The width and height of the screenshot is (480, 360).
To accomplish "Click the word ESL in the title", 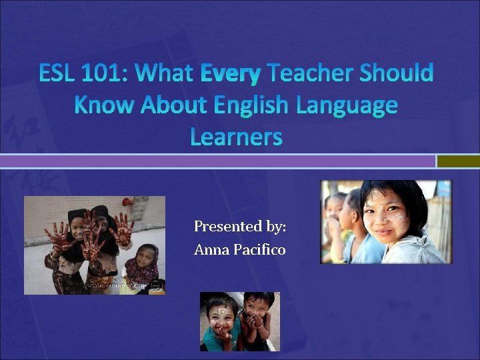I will pyautogui.click(x=59, y=73).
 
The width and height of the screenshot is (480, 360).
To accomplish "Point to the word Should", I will pyautogui.click(x=396, y=73).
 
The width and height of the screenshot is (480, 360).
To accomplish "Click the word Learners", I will pyautogui.click(x=236, y=137).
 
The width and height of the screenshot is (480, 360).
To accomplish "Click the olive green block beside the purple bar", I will pyautogui.click(x=459, y=161).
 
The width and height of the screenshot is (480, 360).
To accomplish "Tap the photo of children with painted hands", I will pyautogui.click(x=95, y=245).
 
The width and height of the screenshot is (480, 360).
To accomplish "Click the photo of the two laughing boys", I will pyautogui.click(x=240, y=321).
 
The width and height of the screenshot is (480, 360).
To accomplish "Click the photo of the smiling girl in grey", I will pyautogui.click(x=385, y=221).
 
